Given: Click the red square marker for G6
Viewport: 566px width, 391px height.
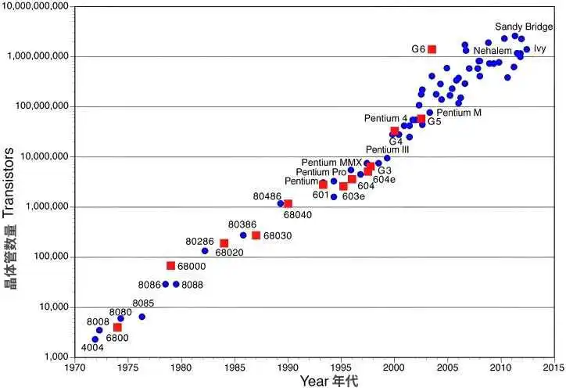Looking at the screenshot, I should click(432, 49).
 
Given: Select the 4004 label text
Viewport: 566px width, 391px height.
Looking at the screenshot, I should click(92, 347).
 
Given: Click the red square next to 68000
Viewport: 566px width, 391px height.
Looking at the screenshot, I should click(170, 265).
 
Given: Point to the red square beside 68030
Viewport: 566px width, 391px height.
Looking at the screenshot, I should click(256, 235).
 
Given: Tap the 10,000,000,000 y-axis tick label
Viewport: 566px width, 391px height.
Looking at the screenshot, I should click(37, 7).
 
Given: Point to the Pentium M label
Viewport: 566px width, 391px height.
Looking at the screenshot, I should click(459, 113).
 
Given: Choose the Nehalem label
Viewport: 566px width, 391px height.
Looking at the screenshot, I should click(492, 50).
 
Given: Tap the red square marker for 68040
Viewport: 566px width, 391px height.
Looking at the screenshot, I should click(288, 203).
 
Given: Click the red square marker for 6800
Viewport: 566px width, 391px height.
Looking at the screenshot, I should click(117, 327).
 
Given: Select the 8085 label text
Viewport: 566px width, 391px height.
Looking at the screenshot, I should click(143, 303).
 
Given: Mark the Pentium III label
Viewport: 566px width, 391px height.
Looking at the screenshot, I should click(387, 150).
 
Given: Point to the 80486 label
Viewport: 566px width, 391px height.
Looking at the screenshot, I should click(267, 196).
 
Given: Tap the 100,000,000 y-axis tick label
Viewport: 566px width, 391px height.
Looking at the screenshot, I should click(43, 106).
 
